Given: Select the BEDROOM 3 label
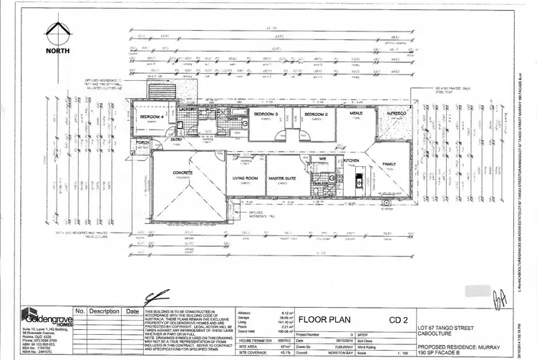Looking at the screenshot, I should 266,114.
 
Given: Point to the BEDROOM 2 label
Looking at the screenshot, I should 316,114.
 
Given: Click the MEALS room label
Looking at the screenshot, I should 356,113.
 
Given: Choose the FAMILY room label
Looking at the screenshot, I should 389,164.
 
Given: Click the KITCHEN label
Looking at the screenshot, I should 351,162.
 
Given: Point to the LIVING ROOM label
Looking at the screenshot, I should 246,178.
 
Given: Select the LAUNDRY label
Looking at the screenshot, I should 188,109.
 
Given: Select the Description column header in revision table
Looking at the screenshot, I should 104,311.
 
